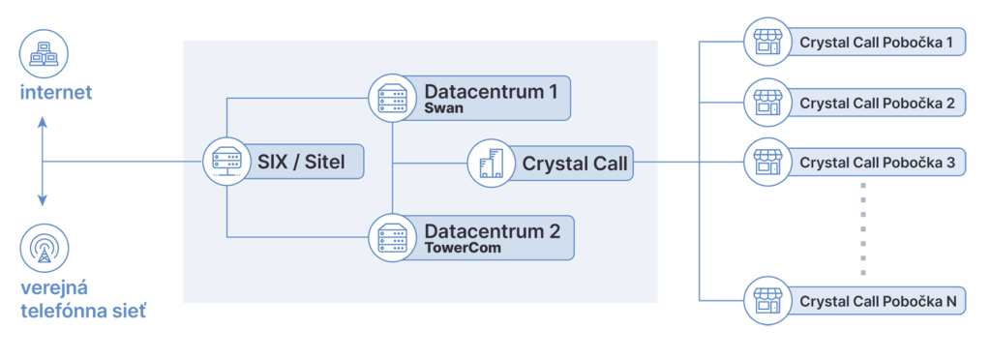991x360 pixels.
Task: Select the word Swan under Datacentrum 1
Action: [x=443, y=109]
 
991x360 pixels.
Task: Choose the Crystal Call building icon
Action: [x=492, y=163]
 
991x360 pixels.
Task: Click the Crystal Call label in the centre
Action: [x=575, y=164]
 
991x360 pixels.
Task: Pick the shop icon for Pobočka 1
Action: [x=766, y=43]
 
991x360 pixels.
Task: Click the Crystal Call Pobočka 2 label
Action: [x=877, y=103]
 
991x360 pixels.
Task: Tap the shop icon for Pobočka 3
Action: [x=766, y=162]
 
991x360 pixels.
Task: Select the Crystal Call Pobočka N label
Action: [x=878, y=302]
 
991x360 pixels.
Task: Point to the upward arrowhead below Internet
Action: [x=43, y=123]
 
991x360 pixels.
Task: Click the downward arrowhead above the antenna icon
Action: [x=43, y=201]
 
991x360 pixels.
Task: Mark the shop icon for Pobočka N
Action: [x=766, y=301]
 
